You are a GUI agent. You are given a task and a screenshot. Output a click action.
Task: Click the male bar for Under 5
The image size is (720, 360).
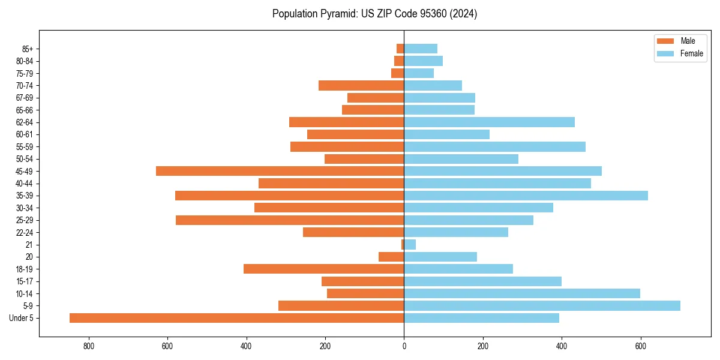pyautogui.click(x=236, y=318)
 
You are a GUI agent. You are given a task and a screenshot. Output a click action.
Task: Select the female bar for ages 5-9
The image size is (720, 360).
pyautogui.click(x=542, y=306)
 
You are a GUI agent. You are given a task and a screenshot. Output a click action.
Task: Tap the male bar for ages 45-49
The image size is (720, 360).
pyautogui.click(x=280, y=171)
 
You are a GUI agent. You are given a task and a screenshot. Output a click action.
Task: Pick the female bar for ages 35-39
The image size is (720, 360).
pyautogui.click(x=526, y=196)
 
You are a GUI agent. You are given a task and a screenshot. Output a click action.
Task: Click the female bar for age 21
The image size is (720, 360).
pyautogui.click(x=410, y=245)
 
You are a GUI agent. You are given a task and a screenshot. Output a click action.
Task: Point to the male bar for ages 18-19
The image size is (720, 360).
pyautogui.click(x=323, y=269)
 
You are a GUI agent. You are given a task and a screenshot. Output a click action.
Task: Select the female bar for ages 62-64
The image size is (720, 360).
pyautogui.click(x=489, y=122)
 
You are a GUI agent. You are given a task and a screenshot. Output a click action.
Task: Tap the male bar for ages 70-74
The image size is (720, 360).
pyautogui.click(x=361, y=86)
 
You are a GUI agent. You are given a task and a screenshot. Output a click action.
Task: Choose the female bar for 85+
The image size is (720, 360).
pyautogui.click(x=421, y=49)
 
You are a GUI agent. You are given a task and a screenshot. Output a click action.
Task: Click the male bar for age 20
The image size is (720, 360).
pyautogui.click(x=391, y=257)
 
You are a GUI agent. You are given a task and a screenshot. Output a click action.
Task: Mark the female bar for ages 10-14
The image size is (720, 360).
pyautogui.click(x=522, y=293)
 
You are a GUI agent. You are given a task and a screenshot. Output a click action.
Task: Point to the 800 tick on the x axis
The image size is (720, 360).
pyautogui.click(x=89, y=346)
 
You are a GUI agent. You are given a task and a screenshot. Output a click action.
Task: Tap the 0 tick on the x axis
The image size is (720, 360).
pyautogui.click(x=404, y=346)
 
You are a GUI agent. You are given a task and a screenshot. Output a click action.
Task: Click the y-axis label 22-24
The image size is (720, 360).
pyautogui.click(x=25, y=232)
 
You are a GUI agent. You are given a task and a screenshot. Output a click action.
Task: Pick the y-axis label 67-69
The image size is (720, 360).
pyautogui.click(x=25, y=98)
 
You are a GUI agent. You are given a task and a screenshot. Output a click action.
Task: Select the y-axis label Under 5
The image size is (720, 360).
pyautogui.click(x=21, y=318)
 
